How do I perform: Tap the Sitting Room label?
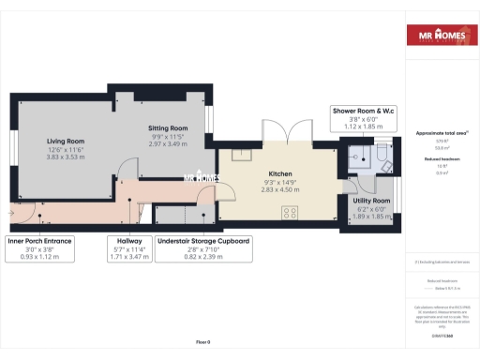click(x=168, y=127)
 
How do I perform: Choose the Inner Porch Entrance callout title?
click(x=39, y=241)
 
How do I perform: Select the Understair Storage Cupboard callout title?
click(x=202, y=241)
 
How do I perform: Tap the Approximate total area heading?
click(x=442, y=133)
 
